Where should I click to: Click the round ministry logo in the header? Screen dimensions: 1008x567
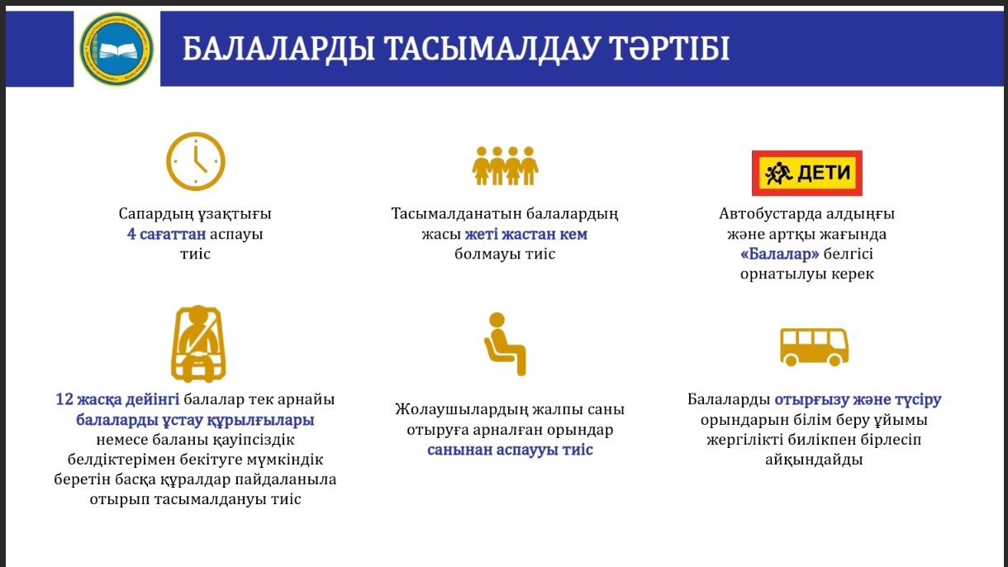pos(116,49)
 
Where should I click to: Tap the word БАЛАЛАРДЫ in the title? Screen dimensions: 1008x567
pos(278,49)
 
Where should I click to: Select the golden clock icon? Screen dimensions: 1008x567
pos(196,161)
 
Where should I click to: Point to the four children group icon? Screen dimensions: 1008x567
pos(505,165)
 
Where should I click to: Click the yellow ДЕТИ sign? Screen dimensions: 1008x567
pos(807,174)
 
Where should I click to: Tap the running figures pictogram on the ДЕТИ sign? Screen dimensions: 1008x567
pos(778,174)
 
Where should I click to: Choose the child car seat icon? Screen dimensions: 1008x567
pos(198,344)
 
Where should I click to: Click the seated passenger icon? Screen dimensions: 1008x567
pos(505,344)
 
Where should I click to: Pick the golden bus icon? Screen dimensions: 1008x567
pos(814,346)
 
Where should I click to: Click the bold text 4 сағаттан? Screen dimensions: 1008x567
pos(167,234)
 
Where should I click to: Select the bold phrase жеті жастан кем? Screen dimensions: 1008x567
pos(526,234)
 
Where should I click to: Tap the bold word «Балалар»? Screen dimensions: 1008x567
pos(780,254)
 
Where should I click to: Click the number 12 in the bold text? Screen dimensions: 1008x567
pos(64,399)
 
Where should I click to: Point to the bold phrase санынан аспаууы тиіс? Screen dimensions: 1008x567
pos(510,450)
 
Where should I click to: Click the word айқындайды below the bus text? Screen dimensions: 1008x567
pos(814,460)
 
